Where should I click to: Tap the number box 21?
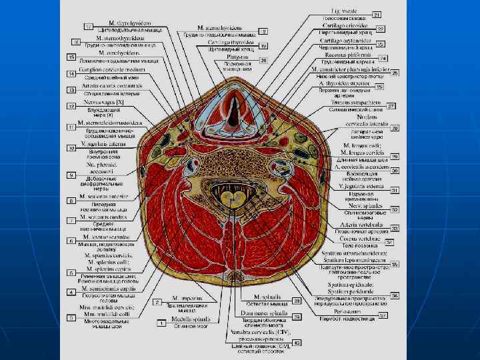(x=377, y=14)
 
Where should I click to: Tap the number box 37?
(x=383, y=315)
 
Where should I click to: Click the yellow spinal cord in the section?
(x=235, y=198)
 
